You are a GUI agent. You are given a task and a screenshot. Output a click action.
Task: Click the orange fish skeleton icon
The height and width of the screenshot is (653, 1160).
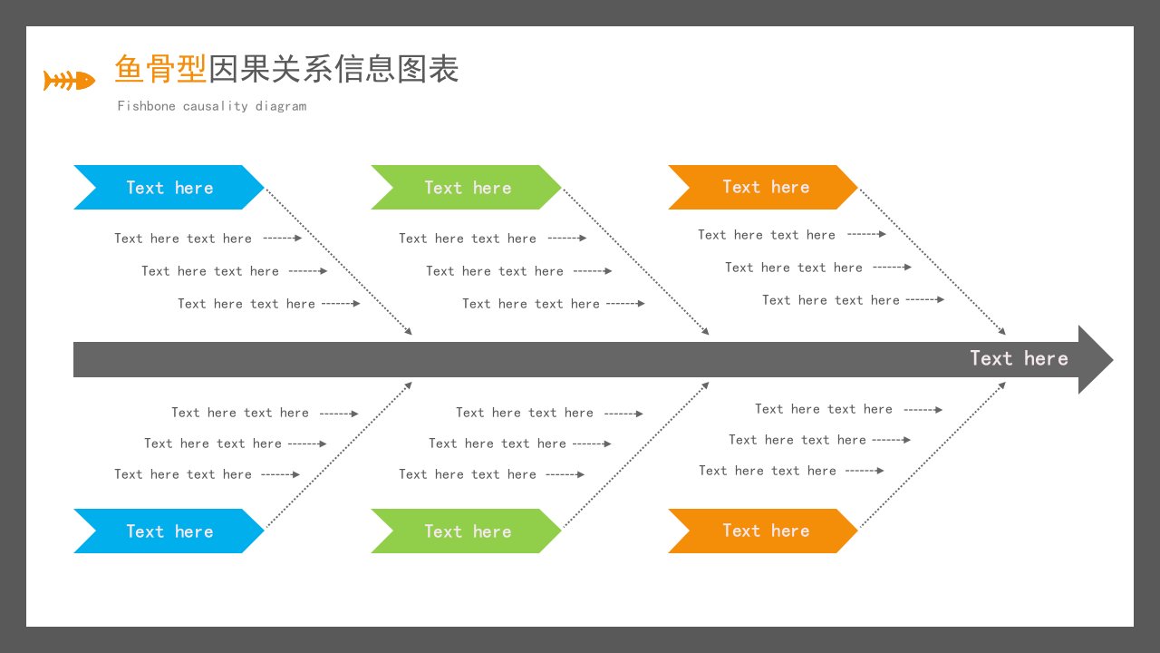[x=70, y=81]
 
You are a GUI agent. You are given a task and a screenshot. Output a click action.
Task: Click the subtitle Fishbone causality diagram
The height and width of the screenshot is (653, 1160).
[x=212, y=106]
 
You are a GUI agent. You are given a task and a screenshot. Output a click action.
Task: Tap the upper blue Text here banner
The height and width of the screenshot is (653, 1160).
[x=169, y=187]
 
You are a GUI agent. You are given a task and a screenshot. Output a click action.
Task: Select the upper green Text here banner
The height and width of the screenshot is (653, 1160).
[x=466, y=187]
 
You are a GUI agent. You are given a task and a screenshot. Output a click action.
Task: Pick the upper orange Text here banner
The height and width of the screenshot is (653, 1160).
[x=763, y=187]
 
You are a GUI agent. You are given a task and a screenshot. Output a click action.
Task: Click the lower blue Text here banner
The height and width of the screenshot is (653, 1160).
[x=169, y=531]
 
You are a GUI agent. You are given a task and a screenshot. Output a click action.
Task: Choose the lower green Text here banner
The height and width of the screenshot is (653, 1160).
[x=466, y=531]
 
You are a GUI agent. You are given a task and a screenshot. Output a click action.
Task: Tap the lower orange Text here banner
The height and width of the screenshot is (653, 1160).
[x=763, y=531]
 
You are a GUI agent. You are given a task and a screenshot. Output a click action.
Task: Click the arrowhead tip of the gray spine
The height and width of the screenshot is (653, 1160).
[x=1113, y=360]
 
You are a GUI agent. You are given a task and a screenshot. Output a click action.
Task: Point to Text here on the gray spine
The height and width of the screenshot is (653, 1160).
[x=1019, y=358]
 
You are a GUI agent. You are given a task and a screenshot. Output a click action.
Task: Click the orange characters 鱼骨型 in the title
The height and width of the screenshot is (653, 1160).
[x=160, y=68]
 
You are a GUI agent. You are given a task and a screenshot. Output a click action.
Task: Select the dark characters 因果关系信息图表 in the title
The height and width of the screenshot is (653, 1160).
[x=333, y=68]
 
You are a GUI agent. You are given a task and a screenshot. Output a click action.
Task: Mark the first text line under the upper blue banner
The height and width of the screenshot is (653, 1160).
[x=183, y=239]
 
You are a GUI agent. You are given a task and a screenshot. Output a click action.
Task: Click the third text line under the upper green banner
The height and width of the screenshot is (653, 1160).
[x=531, y=304]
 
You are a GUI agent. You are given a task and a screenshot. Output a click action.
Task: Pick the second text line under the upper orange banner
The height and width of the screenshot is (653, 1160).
[x=794, y=268]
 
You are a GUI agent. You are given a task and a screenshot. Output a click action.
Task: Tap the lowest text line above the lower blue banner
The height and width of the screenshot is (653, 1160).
[x=183, y=474]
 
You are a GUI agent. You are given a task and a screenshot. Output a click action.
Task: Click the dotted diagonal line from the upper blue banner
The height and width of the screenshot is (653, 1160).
[x=339, y=262]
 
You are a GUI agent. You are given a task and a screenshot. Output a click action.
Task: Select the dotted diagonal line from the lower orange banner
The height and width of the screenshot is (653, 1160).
[x=933, y=455]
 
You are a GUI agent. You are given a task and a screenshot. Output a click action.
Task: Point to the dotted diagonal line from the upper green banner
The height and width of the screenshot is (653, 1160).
[x=636, y=262]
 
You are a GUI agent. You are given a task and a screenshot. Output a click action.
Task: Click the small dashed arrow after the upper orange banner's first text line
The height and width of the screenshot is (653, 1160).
[x=866, y=234]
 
